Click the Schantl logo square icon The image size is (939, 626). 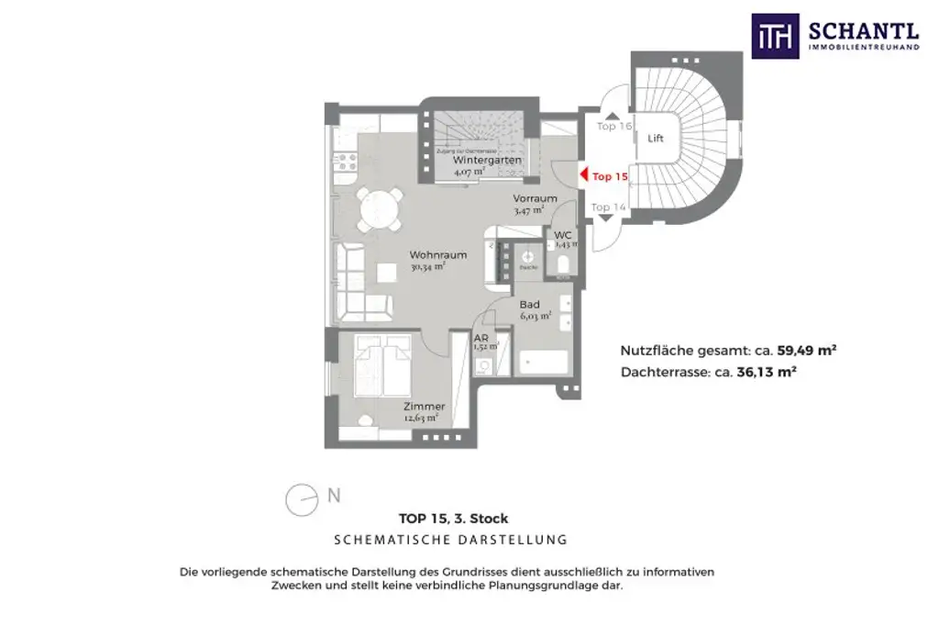click(775, 37)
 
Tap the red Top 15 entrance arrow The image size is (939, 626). click(583, 175)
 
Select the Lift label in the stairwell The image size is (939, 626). click(655, 139)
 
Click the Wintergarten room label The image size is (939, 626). click(487, 160)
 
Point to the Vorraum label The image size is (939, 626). click(535, 198)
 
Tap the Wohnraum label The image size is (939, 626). click(438, 255)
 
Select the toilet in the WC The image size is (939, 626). click(563, 265)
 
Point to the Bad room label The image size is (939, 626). click(529, 304)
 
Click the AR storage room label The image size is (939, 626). click(481, 338)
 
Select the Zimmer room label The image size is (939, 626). click(424, 407)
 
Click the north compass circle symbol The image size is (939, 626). click(300, 499)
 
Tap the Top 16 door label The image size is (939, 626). click(613, 126)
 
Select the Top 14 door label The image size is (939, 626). click(608, 207)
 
